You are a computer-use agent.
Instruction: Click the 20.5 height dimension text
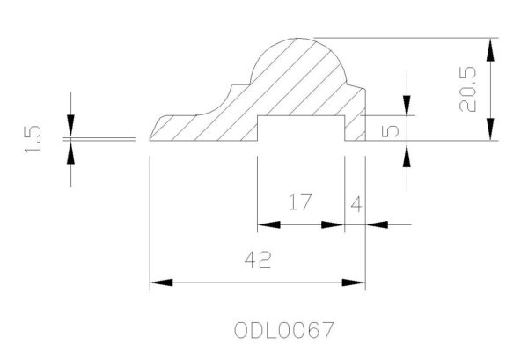coord(468,89)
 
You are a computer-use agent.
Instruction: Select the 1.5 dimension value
coord(33,139)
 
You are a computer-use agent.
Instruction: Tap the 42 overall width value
coord(258,260)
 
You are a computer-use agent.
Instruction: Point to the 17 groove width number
coord(301,202)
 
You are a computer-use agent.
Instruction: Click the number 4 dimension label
coord(356,204)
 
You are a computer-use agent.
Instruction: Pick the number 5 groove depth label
coord(390,130)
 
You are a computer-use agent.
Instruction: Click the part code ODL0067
coord(283,330)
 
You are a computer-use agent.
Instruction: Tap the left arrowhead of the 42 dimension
coord(161,283)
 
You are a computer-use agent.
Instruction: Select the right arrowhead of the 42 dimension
coord(354,283)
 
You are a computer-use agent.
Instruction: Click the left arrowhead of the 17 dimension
coord(268,224)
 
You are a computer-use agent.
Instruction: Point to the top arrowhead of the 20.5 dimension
coord(491,49)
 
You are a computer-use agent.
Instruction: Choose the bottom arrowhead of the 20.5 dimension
coord(491,129)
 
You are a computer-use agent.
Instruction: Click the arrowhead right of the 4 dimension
coord(377,224)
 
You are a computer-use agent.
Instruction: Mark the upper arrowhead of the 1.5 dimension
coord(70,126)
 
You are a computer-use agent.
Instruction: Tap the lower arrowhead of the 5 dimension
coord(407,156)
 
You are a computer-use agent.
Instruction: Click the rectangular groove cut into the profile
coord(301,128)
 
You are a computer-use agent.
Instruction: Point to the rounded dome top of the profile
coord(298,61)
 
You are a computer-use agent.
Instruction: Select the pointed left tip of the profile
coord(150,139)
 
